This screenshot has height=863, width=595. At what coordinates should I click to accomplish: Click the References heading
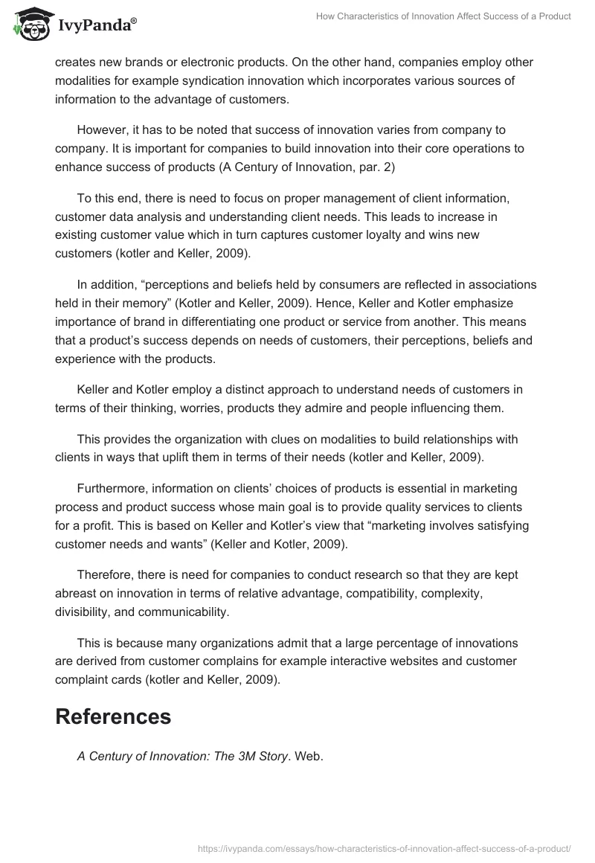(x=113, y=716)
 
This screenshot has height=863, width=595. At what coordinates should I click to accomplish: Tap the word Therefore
(x=107, y=576)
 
